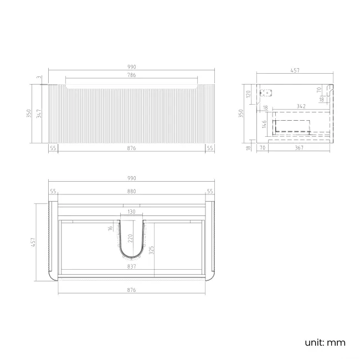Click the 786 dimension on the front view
tap(132, 75)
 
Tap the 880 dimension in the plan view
tap(132, 191)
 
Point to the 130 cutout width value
tap(132, 212)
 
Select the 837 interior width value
tap(132, 266)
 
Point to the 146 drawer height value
tap(265, 124)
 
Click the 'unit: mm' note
tap(325, 342)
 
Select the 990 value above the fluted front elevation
tap(132, 67)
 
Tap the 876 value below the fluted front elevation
tap(132, 148)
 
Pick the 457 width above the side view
tap(295, 70)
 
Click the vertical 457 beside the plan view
tap(33, 241)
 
